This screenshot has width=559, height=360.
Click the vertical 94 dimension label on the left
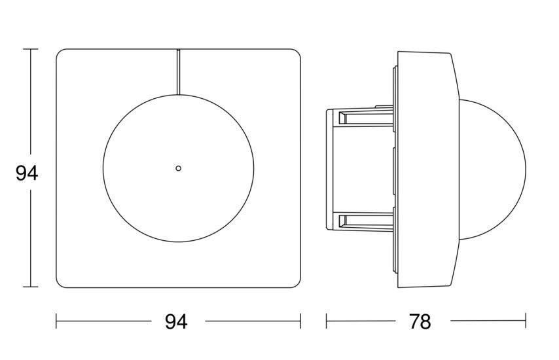coord(27,174)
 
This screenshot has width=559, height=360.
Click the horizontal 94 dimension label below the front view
coord(176,322)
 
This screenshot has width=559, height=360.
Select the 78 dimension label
coord(420,322)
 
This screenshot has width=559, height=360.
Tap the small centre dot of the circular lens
coord(178,168)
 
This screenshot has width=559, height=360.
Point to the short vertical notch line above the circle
coord(178,71)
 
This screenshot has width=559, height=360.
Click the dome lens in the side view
coord(492,168)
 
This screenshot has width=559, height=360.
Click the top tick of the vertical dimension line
coord(31,49)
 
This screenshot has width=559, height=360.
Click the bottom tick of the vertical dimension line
coord(31,286)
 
